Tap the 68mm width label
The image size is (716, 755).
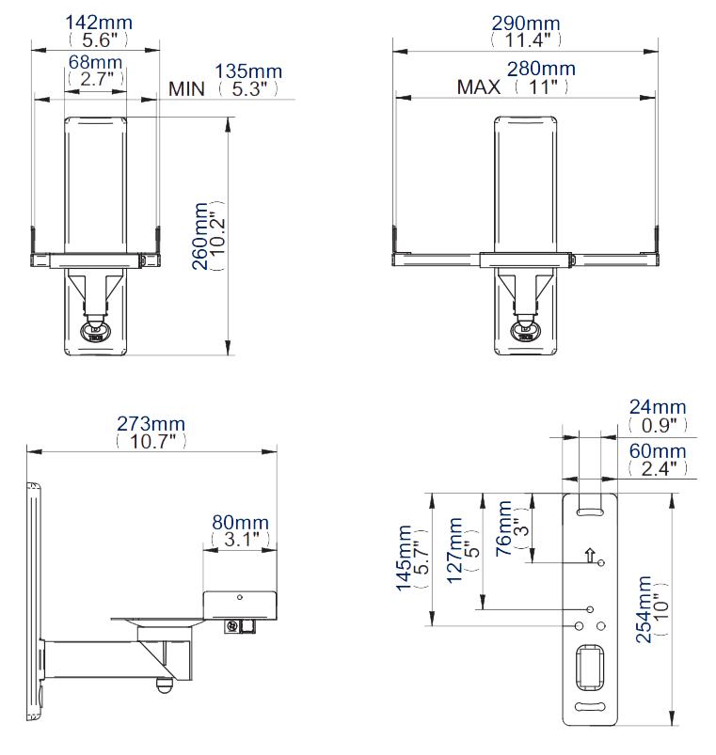point(96,62)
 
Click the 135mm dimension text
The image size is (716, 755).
point(247,71)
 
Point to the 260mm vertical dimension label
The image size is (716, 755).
point(200,235)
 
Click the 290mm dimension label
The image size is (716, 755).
point(525,22)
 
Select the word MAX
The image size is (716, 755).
point(479,87)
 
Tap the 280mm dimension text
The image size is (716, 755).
point(541,70)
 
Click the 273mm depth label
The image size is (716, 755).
point(151,422)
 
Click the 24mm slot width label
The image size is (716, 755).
point(658,407)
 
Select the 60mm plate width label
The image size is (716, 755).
point(658,451)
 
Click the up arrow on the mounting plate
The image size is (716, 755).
point(589,556)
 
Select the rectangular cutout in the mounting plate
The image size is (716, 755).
point(590,667)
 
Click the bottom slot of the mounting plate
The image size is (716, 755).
point(590,708)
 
